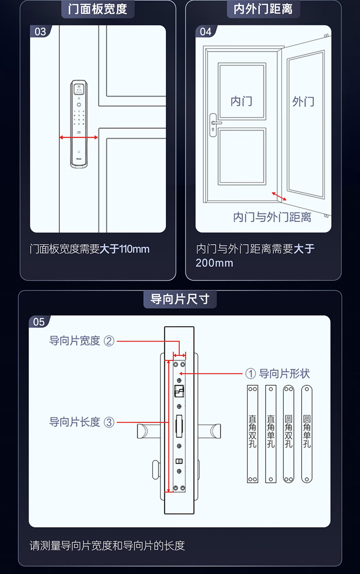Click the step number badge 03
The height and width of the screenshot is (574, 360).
[41, 31]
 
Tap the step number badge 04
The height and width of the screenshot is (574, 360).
[206, 31]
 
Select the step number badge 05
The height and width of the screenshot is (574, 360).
[39, 322]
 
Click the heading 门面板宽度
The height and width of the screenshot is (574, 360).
[98, 9]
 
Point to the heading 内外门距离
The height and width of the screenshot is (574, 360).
[263, 9]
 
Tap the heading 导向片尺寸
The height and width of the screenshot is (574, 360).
[180, 299]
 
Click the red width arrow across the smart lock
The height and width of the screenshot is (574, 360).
[79, 137]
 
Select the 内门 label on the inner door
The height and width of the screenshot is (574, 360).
[241, 101]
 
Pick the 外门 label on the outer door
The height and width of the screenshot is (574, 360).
[303, 101]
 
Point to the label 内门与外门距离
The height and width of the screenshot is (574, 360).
[272, 217]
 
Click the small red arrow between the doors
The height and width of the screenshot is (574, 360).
[279, 196]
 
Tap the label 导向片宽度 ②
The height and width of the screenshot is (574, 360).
[82, 340]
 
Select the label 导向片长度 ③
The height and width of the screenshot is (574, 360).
[82, 422]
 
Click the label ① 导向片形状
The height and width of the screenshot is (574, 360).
[278, 374]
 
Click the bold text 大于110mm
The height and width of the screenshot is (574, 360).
[124, 249]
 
